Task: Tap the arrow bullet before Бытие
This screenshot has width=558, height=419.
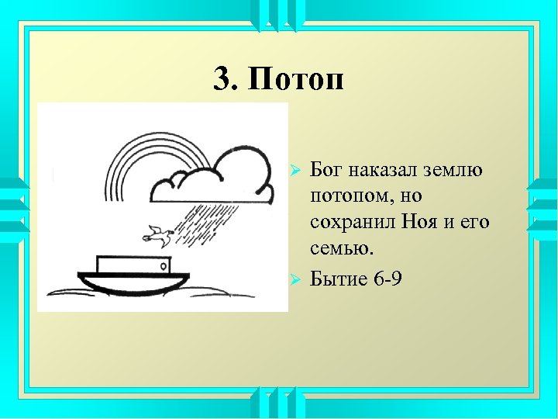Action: (293, 278)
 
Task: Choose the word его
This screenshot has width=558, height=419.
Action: (475, 223)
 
